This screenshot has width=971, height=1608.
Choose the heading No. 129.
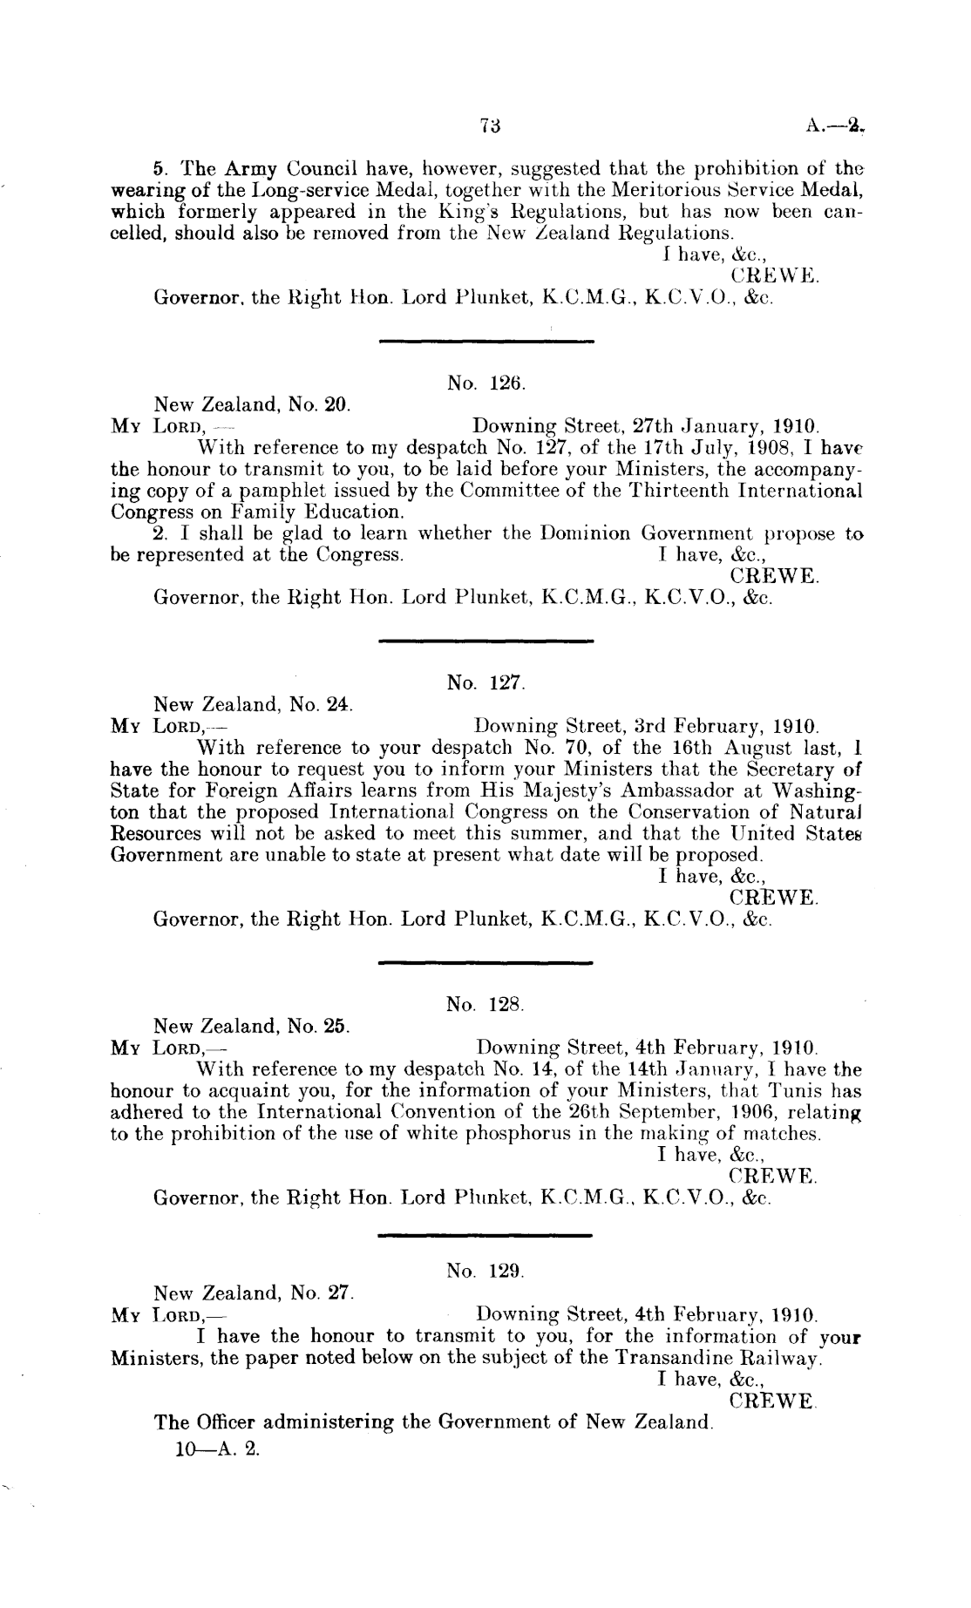click(x=485, y=1272)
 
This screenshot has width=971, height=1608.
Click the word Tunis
click(x=784, y=1091)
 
